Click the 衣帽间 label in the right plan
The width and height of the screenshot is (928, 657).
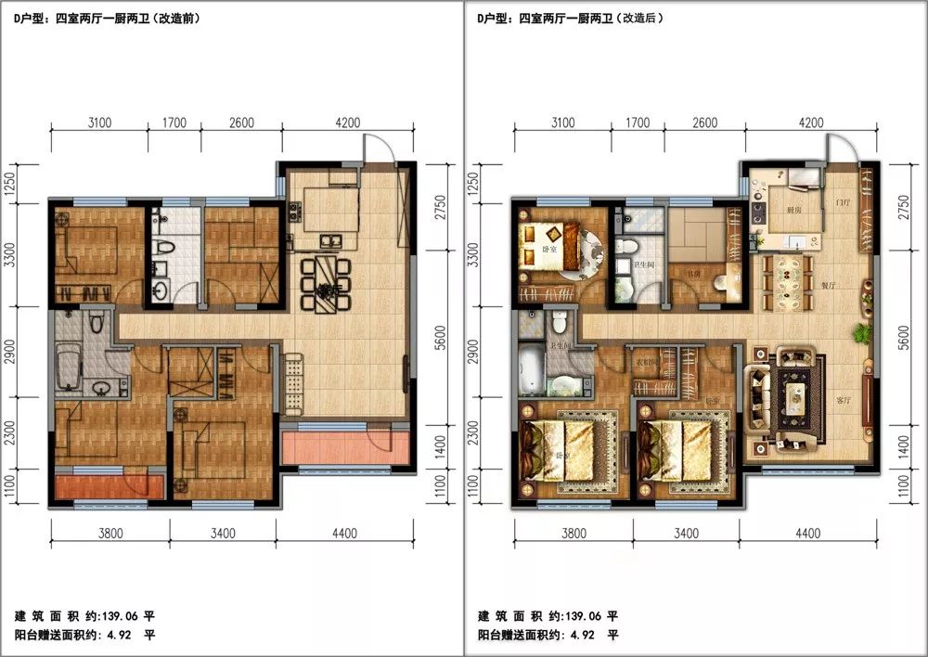(646, 361)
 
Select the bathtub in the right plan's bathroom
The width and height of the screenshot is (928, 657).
(531, 371)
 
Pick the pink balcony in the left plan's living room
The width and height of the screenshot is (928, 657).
(346, 448)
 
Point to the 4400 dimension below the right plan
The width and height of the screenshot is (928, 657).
(808, 533)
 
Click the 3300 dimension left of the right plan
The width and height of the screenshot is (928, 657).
(473, 253)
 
